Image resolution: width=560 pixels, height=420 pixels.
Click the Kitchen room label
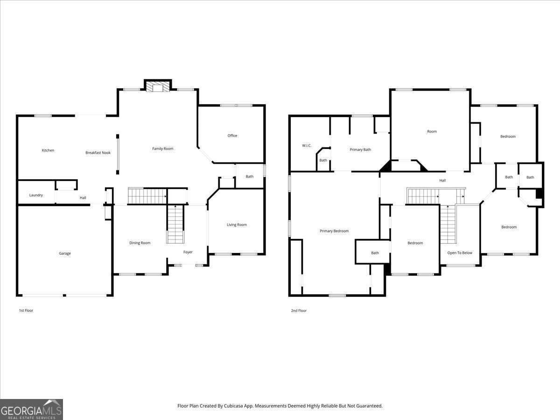[48, 150]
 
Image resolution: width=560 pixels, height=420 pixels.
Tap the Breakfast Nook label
[98, 153]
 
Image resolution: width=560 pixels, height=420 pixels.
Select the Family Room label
[162, 149]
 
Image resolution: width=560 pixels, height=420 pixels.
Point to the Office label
[232, 136]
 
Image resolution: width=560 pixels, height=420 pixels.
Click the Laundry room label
[36, 195]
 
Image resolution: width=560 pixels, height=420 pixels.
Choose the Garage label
[65, 253]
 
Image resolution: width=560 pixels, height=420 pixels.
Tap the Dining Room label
[140, 243]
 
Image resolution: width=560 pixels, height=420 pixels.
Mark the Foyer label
[188, 252]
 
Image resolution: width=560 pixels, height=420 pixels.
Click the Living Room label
[237, 225]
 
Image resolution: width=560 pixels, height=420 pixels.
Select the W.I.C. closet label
[307, 146]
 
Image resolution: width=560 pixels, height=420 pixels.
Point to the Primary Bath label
[360, 150]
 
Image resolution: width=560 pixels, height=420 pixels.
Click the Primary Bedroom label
[334, 231]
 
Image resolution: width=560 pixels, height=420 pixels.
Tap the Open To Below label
[460, 253]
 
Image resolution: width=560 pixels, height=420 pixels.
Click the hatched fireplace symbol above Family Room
[159, 87]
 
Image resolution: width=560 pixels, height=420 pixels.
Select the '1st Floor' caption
[26, 310]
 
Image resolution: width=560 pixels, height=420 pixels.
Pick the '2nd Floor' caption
[299, 310]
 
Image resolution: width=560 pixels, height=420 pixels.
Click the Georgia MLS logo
[31, 409]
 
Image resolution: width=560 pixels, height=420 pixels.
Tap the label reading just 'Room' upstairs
[432, 132]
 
